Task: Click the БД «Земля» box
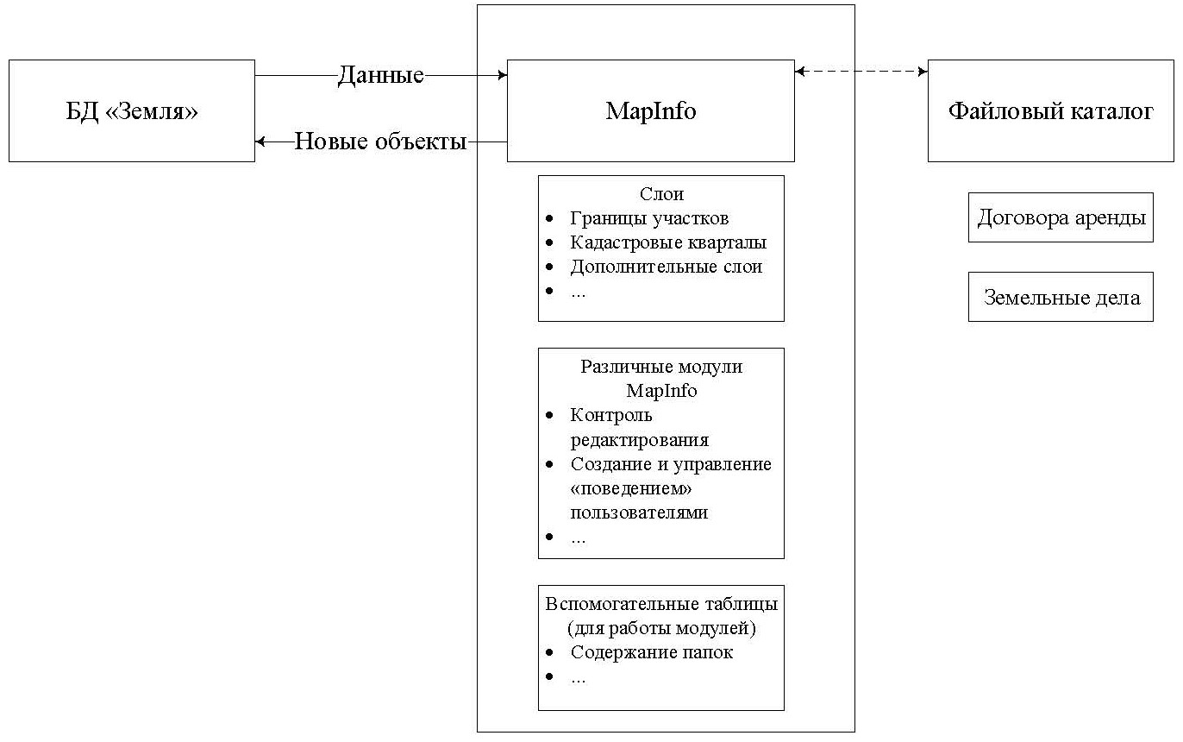132,111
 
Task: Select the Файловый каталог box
1050,111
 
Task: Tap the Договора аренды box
1060,217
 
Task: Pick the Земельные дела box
1061,298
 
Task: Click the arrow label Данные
380,76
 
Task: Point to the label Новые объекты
380,141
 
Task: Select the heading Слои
661,194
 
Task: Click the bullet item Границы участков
649,218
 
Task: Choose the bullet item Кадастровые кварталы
668,242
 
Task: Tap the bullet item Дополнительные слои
666,267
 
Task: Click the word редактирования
639,440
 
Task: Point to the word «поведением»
632,488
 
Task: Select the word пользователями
639,512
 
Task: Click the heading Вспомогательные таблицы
661,602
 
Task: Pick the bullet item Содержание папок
651,652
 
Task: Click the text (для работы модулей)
661,627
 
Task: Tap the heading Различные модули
661,367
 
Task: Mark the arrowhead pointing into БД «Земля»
260,141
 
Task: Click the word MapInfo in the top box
650,111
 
